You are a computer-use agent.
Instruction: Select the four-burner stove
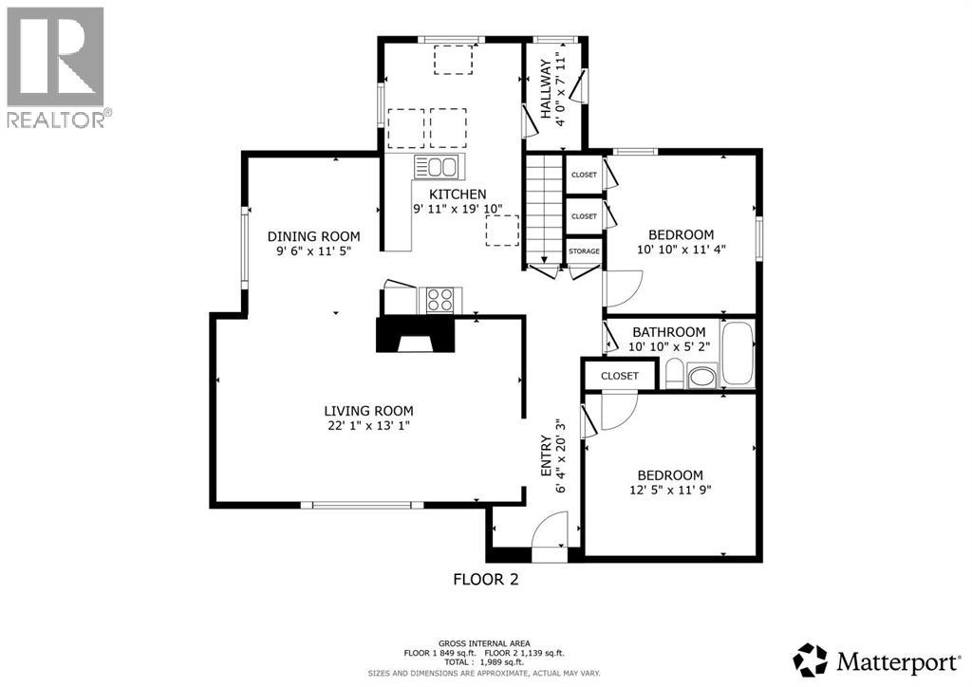click(438, 300)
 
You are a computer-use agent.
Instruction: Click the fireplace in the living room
click(414, 335)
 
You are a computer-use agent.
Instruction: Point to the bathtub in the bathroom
click(738, 354)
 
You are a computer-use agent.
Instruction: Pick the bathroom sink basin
click(701, 379)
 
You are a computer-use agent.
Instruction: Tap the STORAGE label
click(584, 251)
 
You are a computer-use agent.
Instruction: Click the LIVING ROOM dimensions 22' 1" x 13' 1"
click(369, 426)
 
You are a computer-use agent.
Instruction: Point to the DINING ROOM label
click(313, 236)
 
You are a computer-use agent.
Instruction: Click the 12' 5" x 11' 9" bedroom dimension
click(670, 491)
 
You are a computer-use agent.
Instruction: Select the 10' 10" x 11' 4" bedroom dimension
click(681, 251)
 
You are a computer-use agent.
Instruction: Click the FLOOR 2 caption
click(485, 579)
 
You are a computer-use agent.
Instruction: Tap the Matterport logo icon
click(813, 658)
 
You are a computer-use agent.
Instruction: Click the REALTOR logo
click(56, 66)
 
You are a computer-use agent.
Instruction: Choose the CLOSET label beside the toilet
click(620, 376)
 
